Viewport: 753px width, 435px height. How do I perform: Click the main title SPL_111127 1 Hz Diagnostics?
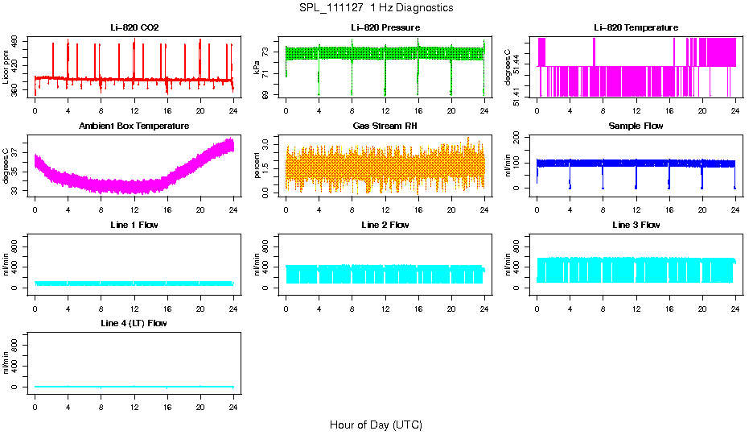(x=375, y=8)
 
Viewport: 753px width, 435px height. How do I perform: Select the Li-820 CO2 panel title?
(x=134, y=28)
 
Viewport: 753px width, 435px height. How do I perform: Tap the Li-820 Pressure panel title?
(x=385, y=28)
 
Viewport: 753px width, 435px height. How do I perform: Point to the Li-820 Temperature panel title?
(x=636, y=28)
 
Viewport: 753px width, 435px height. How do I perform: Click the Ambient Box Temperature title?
(x=134, y=126)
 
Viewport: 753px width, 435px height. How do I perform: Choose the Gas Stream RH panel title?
(x=385, y=126)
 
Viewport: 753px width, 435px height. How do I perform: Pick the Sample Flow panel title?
(x=636, y=126)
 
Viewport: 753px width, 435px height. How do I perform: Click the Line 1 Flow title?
(x=134, y=225)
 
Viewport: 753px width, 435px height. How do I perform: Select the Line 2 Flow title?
(x=385, y=225)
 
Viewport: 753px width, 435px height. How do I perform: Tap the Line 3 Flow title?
(x=636, y=225)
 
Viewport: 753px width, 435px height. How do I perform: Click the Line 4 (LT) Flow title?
(x=134, y=323)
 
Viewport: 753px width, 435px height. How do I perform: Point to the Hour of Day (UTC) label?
(x=376, y=425)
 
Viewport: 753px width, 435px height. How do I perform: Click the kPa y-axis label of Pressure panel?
(x=257, y=67)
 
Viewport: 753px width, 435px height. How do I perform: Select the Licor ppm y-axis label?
(x=6, y=67)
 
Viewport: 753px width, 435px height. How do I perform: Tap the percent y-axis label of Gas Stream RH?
(x=257, y=165)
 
